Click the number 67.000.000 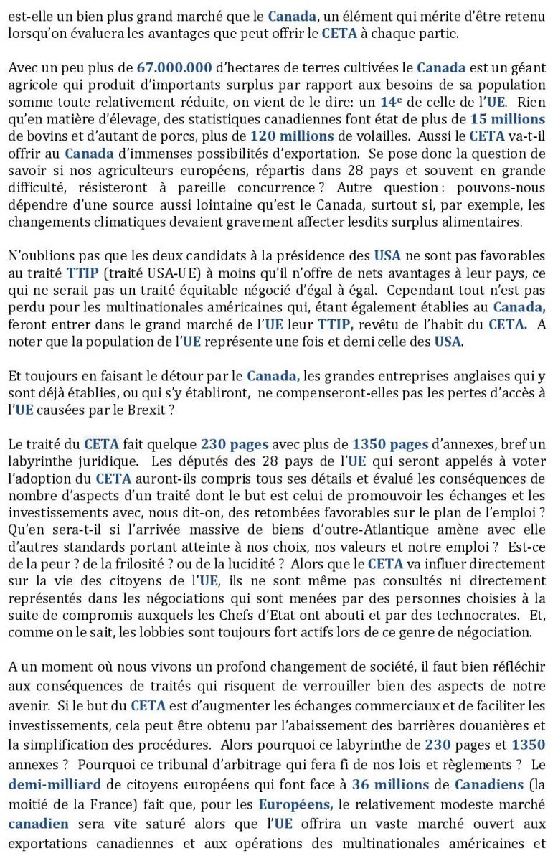point(174,69)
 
